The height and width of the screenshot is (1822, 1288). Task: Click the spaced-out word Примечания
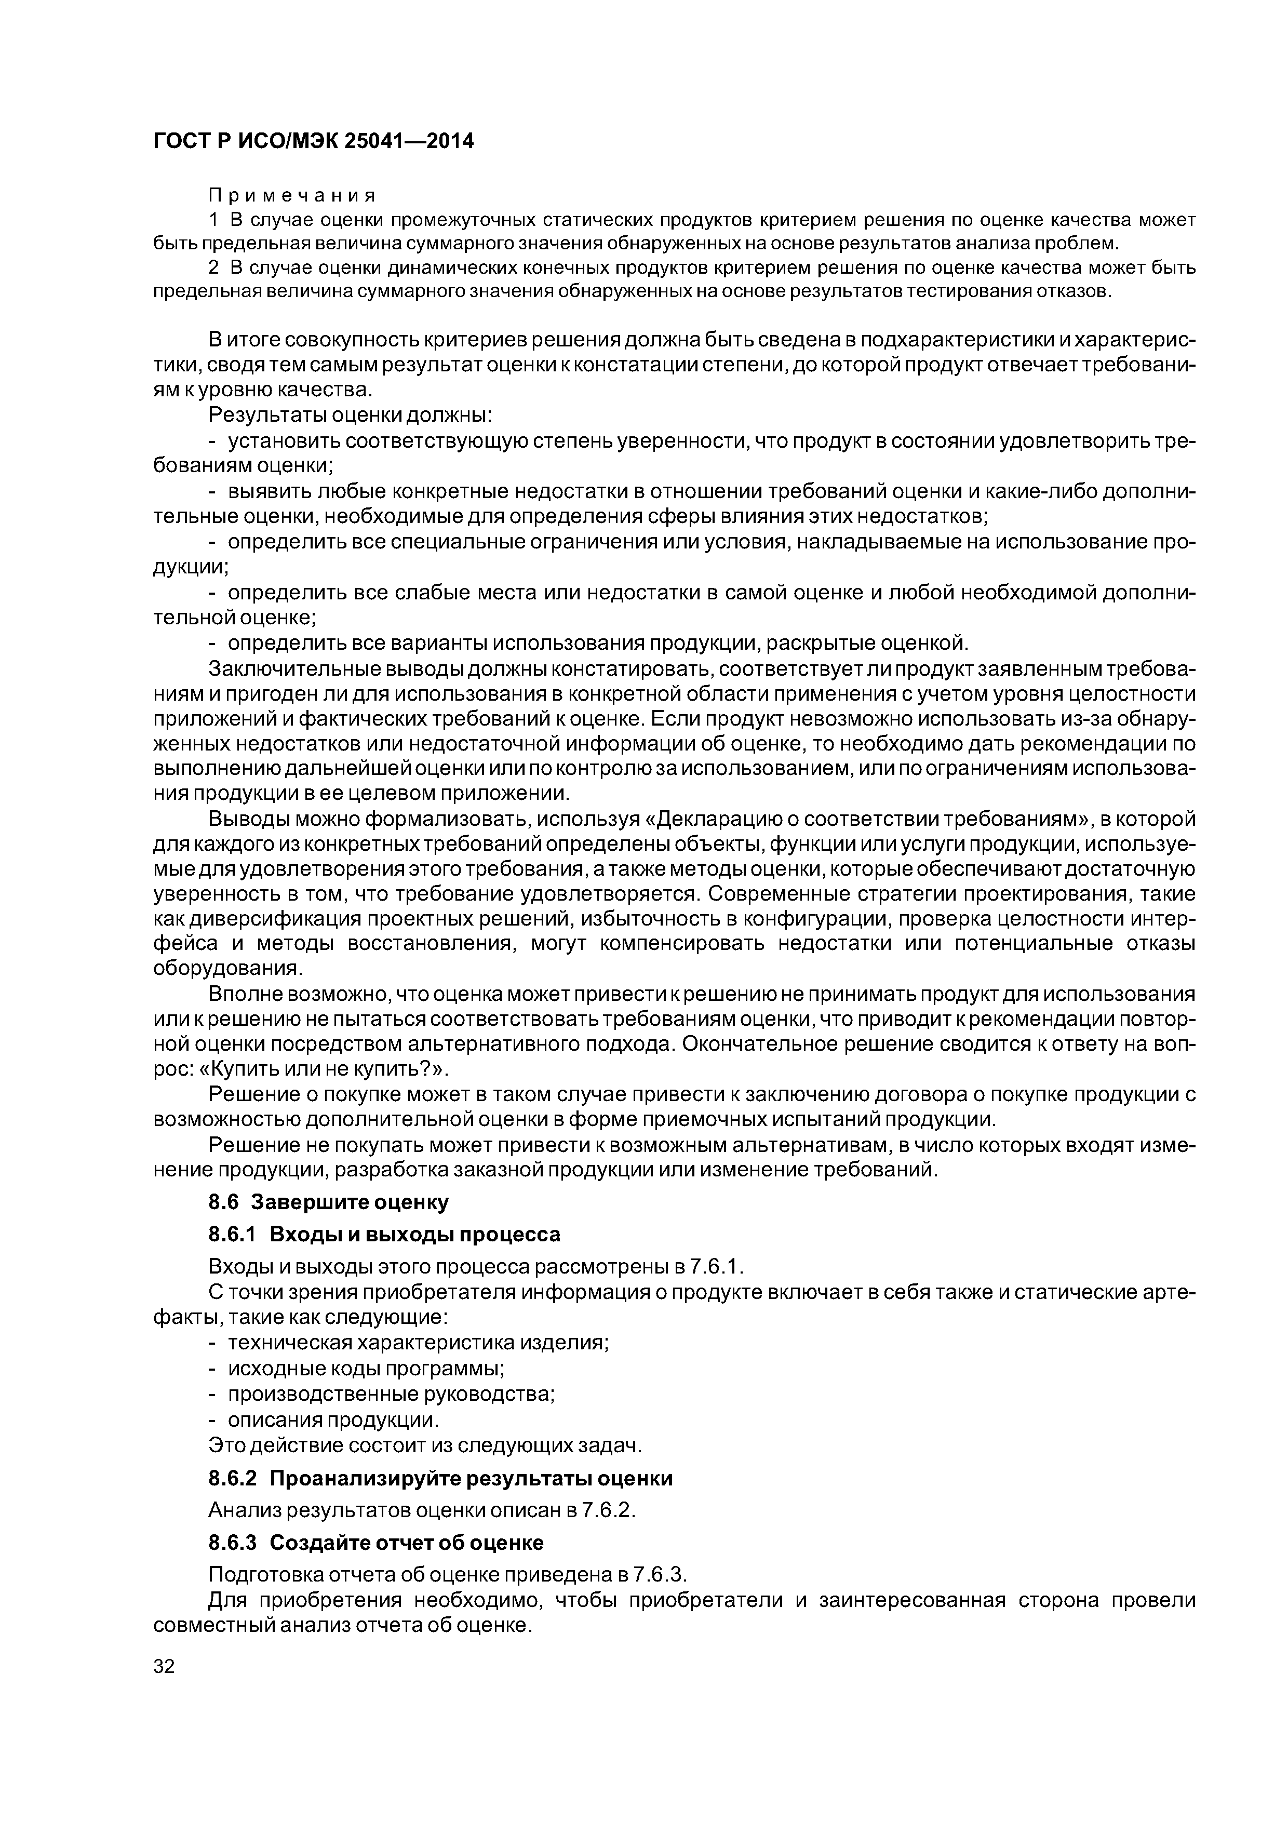pyautogui.click(x=291, y=194)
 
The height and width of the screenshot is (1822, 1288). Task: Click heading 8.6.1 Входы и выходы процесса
pyautogui.click(x=384, y=1234)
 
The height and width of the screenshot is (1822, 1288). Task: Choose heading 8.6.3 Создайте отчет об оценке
pyautogui.click(x=376, y=1543)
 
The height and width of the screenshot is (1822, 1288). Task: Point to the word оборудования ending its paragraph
pyautogui.click(x=226, y=969)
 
